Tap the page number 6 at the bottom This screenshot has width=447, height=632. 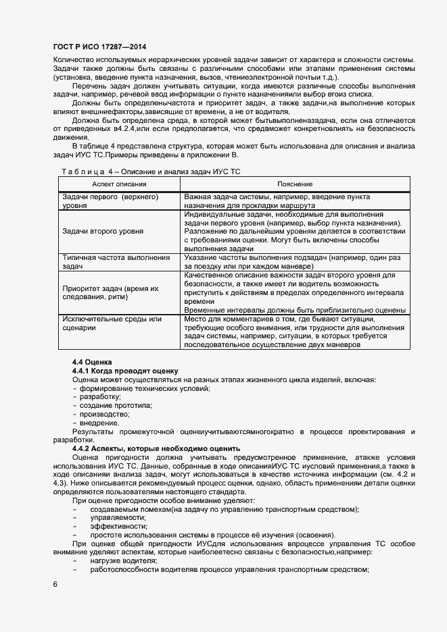click(54, 583)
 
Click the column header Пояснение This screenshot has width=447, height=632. click(295, 184)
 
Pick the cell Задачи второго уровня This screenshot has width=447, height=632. click(102, 231)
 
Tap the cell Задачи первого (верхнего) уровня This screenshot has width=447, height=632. click(110, 201)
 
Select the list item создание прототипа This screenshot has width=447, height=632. click(116, 405)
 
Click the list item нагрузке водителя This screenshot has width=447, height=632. click(124, 560)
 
